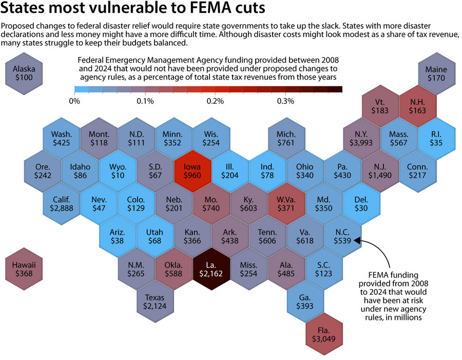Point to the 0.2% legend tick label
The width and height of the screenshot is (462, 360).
pyautogui.click(x=215, y=101)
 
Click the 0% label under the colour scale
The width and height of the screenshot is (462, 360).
pyautogui.click(x=74, y=101)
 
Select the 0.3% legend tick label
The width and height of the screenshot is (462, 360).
pyautogui.click(x=285, y=101)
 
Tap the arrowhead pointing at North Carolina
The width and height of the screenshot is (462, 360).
pyautogui.click(x=358, y=239)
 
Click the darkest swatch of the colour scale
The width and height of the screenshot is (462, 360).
pyautogui.click(x=335, y=89)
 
